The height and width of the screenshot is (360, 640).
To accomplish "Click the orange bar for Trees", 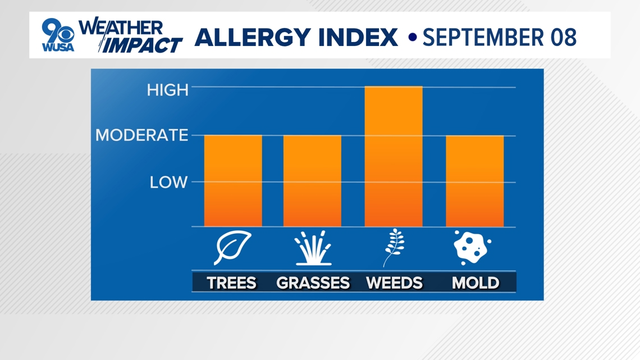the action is (x=233, y=180).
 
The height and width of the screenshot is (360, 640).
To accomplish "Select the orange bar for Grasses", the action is (x=312, y=180).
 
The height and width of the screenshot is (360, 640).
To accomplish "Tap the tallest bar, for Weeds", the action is (x=394, y=156).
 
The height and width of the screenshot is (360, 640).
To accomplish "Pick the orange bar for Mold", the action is (x=475, y=181).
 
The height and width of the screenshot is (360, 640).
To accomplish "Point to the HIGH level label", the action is (x=168, y=90).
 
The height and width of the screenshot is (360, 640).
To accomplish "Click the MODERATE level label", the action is (x=141, y=135).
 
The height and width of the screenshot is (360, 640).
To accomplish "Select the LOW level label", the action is (x=168, y=183).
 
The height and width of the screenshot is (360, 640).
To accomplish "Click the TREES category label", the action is (x=231, y=282).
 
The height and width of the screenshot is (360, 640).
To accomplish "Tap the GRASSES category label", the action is (x=313, y=282).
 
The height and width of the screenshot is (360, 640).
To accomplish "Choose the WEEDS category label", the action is (x=394, y=282).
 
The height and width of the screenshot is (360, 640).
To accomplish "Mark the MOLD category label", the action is (x=476, y=282).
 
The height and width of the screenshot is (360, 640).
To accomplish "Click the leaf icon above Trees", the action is (x=232, y=247).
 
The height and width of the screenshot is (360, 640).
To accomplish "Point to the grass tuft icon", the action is (x=313, y=248).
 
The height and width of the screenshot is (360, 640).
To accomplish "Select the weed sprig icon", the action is (x=394, y=247).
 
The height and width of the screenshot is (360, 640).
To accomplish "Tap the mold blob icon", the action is (x=472, y=247).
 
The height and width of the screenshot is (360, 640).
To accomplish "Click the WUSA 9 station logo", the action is (x=58, y=35).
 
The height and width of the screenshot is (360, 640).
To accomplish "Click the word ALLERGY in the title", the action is (x=253, y=37).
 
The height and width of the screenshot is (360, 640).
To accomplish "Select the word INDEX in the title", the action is (x=358, y=37).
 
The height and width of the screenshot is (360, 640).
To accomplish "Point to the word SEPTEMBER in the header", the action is (x=483, y=37).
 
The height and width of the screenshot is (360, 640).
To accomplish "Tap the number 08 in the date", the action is (x=563, y=37).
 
